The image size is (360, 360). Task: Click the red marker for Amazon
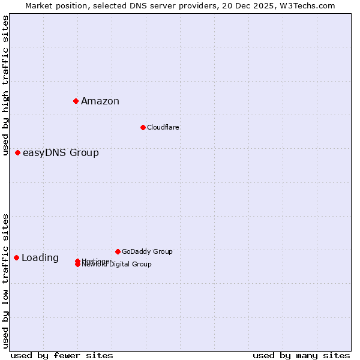coord(76,101)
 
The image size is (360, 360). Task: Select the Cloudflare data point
coord(143,127)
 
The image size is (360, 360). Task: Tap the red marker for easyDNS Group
coord(17,152)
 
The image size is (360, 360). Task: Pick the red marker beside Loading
coord(16,257)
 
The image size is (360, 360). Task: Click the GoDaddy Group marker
coord(118,251)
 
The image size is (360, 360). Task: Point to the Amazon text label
coord(100,101)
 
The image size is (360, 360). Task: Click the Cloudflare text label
coord(163,127)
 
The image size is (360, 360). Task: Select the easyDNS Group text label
coord(61,152)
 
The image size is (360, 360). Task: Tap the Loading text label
coord(40,258)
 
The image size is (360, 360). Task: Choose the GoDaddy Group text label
coord(147,251)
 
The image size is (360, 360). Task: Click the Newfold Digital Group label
coord(117,265)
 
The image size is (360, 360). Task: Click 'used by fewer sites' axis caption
coord(62,355)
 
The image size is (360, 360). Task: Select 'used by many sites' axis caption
coord(301,355)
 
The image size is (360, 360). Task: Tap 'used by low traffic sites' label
coord(5,280)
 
